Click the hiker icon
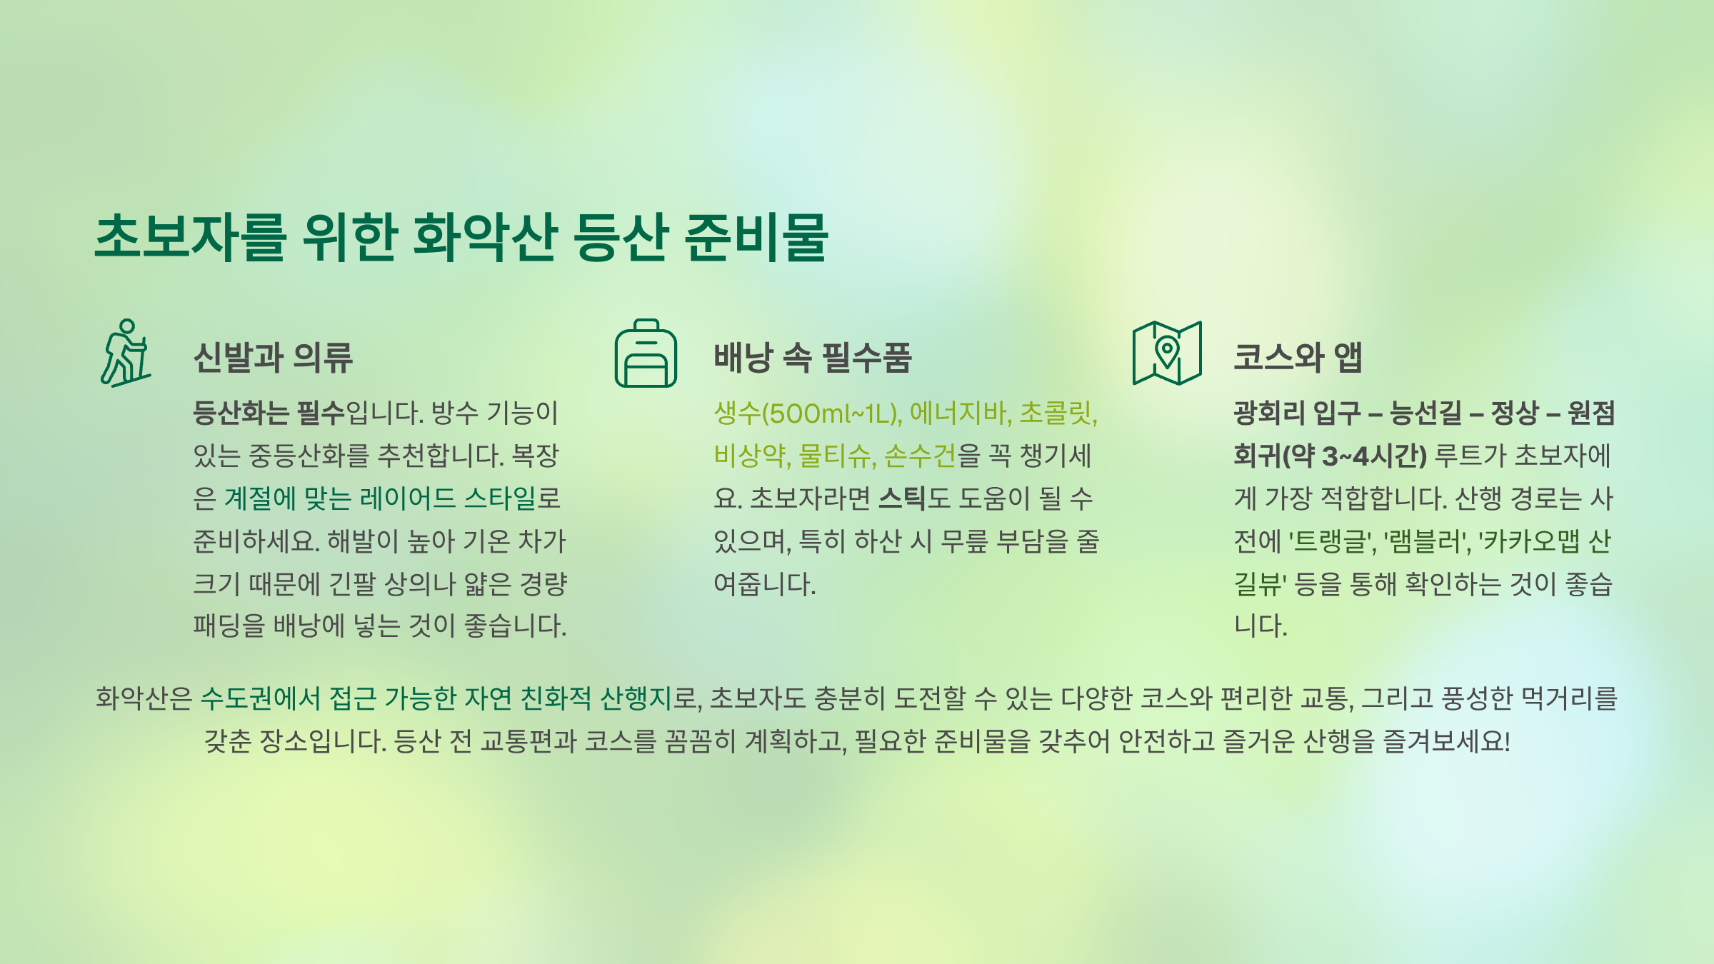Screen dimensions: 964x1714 [126, 353]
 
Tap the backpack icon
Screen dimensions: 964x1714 [646, 353]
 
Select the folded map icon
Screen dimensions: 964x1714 [1167, 353]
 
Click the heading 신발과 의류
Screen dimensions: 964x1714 [273, 357]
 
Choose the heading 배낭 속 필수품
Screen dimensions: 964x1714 [813, 357]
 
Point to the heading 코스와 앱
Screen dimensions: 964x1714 [1298, 357]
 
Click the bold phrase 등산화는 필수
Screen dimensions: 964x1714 [269, 413]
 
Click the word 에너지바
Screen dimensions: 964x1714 [960, 413]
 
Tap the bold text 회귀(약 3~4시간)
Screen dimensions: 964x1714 [1330, 456]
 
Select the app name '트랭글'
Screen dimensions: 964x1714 [1331, 541]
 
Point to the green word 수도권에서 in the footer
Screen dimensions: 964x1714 [260, 698]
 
